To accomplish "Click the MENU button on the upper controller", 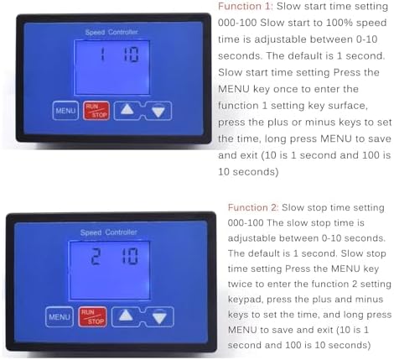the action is (65, 111).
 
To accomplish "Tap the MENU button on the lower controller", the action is (60, 316).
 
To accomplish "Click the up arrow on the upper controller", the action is (127, 109).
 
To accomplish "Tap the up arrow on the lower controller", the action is (126, 316).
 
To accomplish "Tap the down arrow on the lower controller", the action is (159, 318).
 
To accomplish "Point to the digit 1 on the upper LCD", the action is (102, 55).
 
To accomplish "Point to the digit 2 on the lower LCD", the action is (96, 256).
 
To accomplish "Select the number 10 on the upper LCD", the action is (131, 55).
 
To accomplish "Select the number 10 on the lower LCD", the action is (130, 256).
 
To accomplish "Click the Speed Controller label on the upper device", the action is (111, 32).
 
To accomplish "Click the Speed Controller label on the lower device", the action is (108, 232).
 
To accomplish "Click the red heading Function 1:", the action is (245, 6).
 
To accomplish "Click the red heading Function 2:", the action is (253, 207).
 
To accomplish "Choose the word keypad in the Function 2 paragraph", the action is (246, 300).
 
